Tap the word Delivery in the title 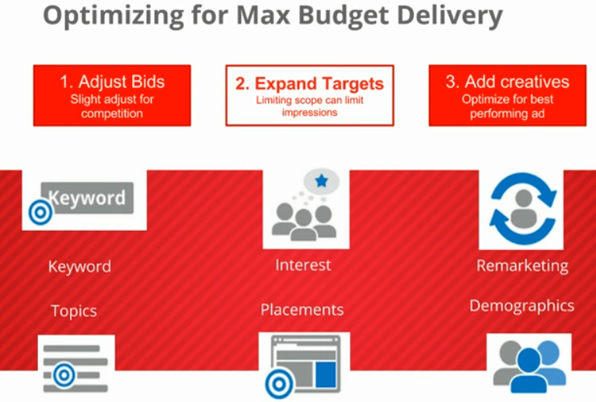click(450, 16)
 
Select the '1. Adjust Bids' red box click(112, 96)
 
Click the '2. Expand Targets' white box click(310, 96)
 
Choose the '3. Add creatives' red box click(507, 96)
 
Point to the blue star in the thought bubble click(322, 180)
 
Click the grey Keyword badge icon click(88, 198)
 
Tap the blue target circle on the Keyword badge click(40, 212)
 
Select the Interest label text click(303, 265)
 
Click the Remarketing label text click(522, 266)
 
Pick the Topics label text click(74, 311)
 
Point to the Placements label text click(302, 309)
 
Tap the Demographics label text click(522, 306)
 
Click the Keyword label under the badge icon click(79, 266)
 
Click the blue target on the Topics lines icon click(64, 375)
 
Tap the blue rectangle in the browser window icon click(326, 375)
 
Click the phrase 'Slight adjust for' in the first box click(112, 100)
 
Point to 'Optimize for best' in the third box click(507, 100)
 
